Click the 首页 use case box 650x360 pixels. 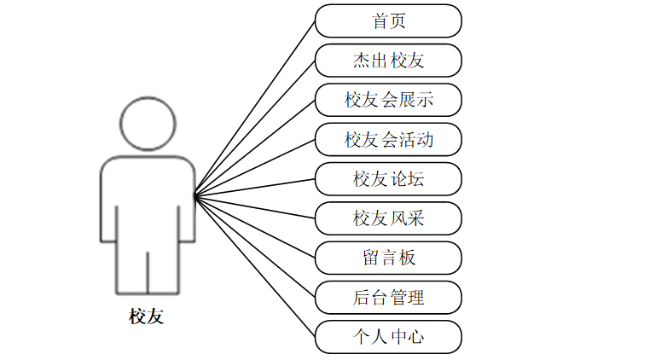(x=388, y=21)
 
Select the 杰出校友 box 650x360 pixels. (x=388, y=61)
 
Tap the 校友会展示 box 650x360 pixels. (x=388, y=100)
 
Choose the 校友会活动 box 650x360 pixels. (x=388, y=139)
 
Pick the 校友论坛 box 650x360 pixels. (x=388, y=179)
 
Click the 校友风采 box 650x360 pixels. (x=388, y=218)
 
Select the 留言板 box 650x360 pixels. (x=388, y=258)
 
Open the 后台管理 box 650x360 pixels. (x=388, y=297)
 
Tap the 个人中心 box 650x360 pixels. (x=388, y=336)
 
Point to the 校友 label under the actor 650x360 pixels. (x=146, y=317)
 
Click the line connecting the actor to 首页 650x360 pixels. (x=256, y=108)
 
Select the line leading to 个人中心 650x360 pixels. (x=256, y=267)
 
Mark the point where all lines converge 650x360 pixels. (x=195, y=197)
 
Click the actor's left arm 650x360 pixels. (x=108, y=205)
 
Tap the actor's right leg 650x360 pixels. (x=163, y=269)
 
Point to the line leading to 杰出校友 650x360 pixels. (x=256, y=128)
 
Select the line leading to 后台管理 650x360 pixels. (x=256, y=247)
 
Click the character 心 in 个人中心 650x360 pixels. (x=415, y=336)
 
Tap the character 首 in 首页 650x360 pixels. (x=380, y=21)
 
